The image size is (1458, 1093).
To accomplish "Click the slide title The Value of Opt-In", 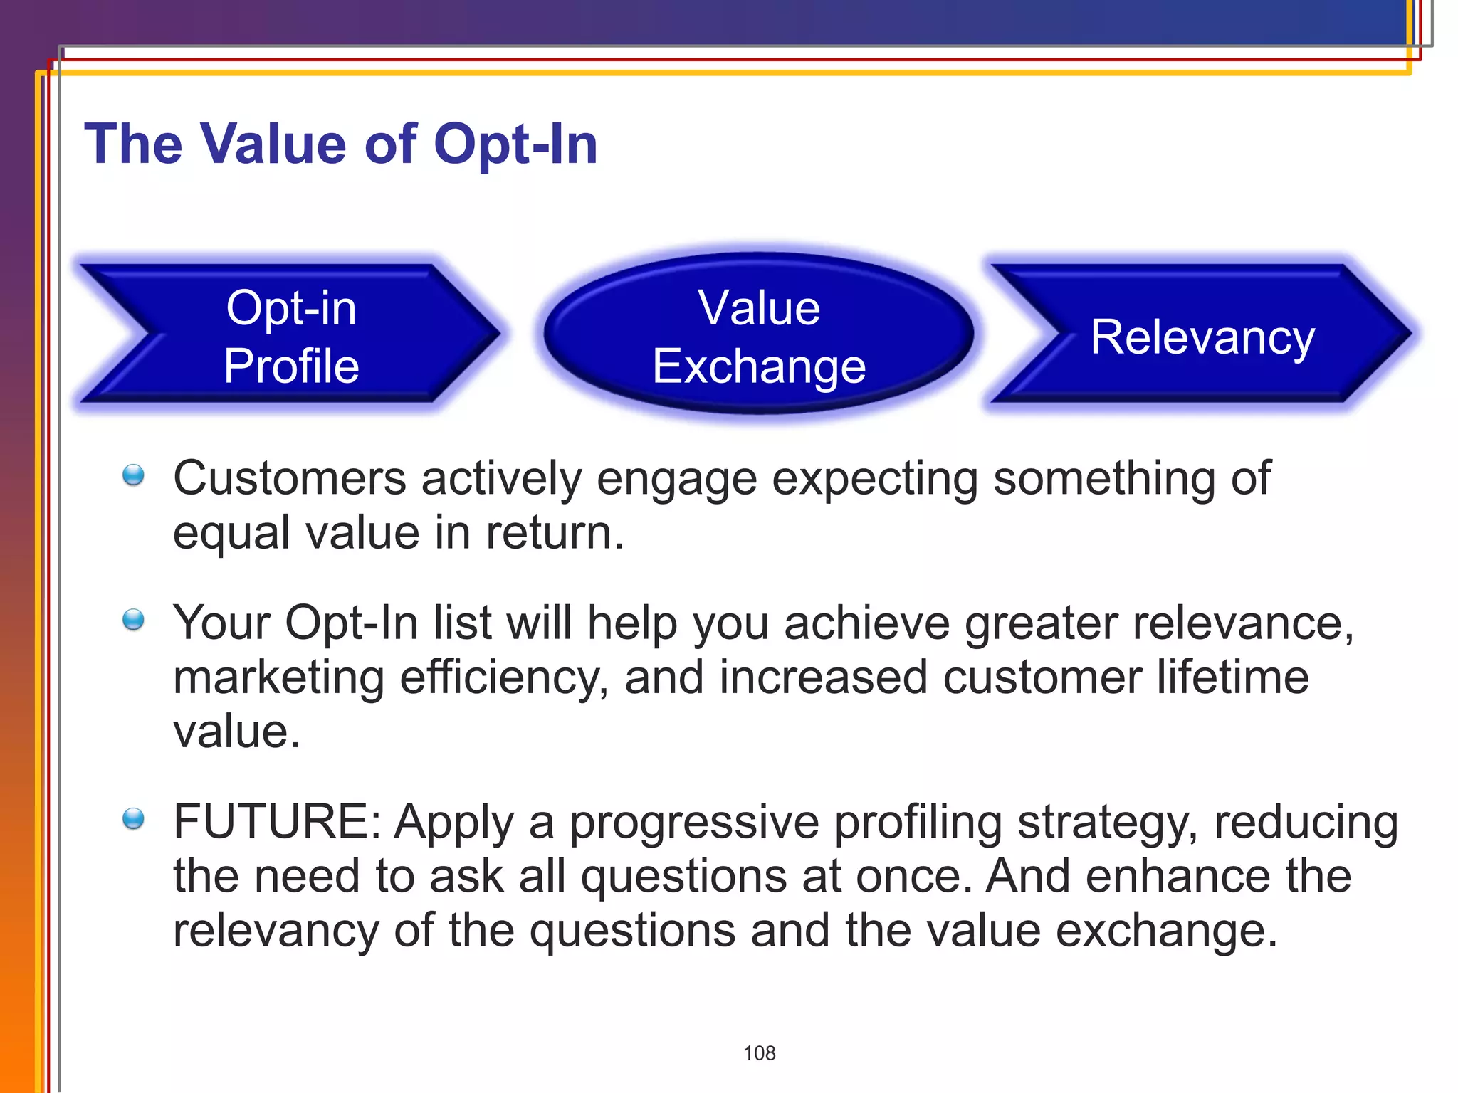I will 340,144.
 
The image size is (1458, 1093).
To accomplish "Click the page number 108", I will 759,1053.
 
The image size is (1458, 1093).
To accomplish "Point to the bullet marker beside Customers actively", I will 133,475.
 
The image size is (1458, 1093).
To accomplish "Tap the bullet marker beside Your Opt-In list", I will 133,620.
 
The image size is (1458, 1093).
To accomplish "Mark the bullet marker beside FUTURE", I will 133,819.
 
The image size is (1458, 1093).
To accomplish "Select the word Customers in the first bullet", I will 289,478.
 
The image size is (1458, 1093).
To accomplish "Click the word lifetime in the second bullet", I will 1232,677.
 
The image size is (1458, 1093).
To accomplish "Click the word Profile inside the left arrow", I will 291,366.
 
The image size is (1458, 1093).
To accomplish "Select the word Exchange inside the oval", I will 759,367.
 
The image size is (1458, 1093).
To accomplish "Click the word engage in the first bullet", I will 676,480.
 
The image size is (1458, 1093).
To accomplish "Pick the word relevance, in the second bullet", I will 1243,623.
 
